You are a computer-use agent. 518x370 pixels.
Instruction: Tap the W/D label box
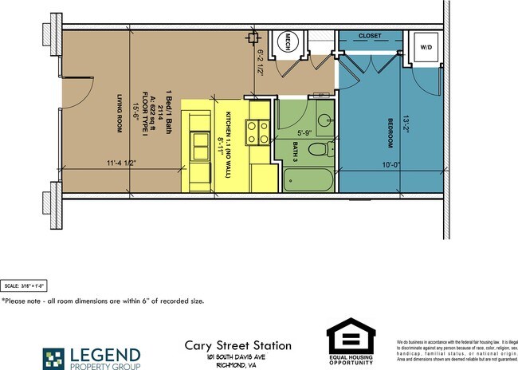[426, 48]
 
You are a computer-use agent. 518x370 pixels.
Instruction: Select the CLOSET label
[370, 36]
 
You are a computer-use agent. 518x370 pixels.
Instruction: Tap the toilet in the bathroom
[319, 148]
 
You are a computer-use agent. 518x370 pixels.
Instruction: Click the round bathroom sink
[325, 121]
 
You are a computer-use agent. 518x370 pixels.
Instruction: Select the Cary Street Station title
[238, 345]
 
